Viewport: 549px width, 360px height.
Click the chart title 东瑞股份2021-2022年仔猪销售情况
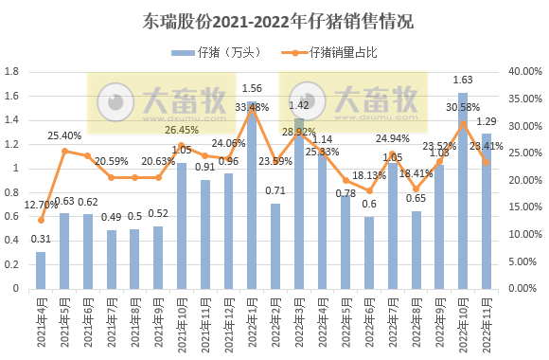[274, 20]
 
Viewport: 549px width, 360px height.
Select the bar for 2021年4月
[41, 270]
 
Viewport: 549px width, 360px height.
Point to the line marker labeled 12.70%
[41, 220]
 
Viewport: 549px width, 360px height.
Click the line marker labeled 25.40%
[64, 151]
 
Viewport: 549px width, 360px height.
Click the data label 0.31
[41, 239]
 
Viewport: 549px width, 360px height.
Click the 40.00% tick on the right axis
[523, 71]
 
